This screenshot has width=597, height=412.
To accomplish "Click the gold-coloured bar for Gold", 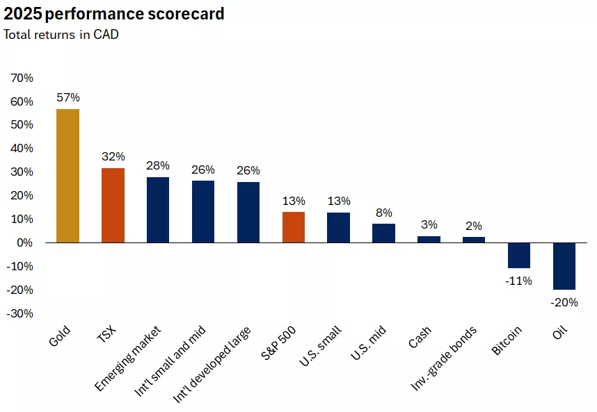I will click(x=67, y=176).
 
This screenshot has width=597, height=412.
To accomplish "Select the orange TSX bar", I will click(x=113, y=205).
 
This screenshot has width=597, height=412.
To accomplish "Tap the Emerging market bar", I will click(x=158, y=210).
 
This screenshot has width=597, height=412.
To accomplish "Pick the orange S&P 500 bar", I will click(x=293, y=227).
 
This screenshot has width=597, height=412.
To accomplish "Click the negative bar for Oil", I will click(x=564, y=265).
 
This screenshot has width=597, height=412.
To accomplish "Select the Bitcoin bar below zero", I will click(x=519, y=255).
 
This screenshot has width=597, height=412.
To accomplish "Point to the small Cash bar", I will click(x=429, y=239).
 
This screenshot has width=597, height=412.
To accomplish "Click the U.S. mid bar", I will click(x=383, y=233).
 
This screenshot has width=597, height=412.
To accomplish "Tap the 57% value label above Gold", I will click(x=67, y=97).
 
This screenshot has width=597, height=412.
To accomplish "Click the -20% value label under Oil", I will click(x=564, y=302).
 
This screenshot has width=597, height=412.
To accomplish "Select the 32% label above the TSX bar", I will click(x=113, y=156).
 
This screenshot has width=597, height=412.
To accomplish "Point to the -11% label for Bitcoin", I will click(x=518, y=281).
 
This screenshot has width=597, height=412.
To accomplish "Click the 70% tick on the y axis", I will click(x=22, y=79).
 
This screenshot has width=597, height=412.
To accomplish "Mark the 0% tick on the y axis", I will click(x=24, y=242).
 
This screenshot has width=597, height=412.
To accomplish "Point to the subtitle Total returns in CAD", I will click(x=61, y=35).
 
